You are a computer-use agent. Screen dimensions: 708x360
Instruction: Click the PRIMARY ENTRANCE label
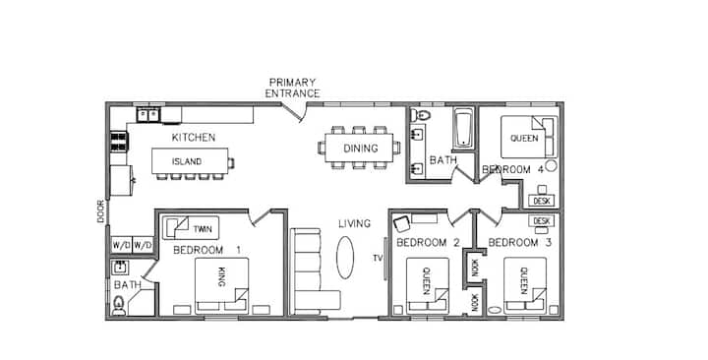(292, 89)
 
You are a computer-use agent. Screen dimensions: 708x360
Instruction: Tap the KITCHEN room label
(194, 138)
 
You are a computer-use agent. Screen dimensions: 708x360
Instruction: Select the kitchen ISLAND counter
(190, 160)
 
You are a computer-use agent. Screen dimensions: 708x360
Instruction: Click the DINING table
(359, 149)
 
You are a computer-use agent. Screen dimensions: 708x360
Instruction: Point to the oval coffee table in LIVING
(345, 258)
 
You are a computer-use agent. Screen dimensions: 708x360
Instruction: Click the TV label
(378, 259)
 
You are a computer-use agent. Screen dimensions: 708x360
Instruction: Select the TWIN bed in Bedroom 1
(191, 228)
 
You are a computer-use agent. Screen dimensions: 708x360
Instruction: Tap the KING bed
(221, 285)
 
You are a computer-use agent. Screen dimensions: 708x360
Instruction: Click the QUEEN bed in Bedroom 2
(427, 286)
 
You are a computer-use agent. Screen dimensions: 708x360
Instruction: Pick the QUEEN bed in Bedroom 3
(525, 286)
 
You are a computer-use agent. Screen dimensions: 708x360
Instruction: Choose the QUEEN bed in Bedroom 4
(529, 137)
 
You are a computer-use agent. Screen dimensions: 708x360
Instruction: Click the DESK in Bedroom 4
(542, 201)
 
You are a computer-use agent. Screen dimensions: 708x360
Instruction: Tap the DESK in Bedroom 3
(542, 221)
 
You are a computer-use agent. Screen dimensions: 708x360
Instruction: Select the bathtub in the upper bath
(463, 128)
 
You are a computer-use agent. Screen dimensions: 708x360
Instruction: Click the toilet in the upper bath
(420, 115)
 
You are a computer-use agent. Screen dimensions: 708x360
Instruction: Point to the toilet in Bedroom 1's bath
(119, 305)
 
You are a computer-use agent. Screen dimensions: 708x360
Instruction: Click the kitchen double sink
(148, 114)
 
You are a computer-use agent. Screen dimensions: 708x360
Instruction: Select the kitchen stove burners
(119, 142)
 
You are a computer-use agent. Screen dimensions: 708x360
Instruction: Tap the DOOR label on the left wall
(100, 211)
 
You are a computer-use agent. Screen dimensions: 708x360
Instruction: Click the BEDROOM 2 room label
(428, 243)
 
